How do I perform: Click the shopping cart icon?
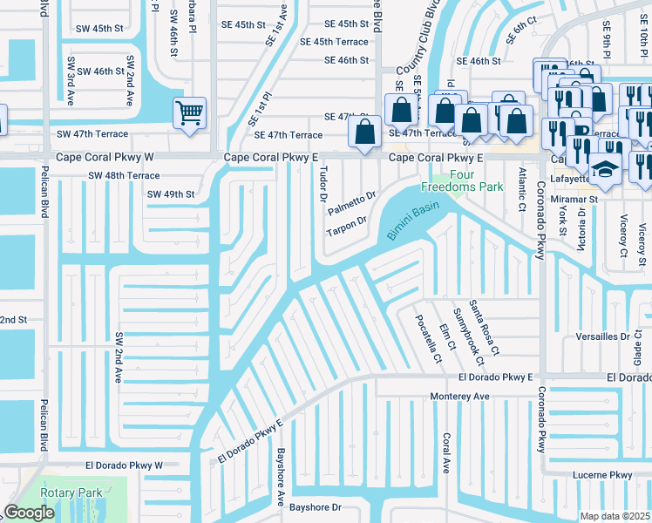189,112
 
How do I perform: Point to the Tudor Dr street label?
323,185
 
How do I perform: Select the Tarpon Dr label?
346,226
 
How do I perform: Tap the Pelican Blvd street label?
43,249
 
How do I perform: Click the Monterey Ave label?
460,396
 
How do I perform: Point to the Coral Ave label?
446,452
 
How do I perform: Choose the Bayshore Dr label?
317,506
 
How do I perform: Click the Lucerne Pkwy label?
602,475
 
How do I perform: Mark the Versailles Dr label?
602,336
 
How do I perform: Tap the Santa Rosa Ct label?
484,327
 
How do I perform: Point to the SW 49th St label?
170,194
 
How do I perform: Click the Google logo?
30,513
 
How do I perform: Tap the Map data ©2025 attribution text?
615,516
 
